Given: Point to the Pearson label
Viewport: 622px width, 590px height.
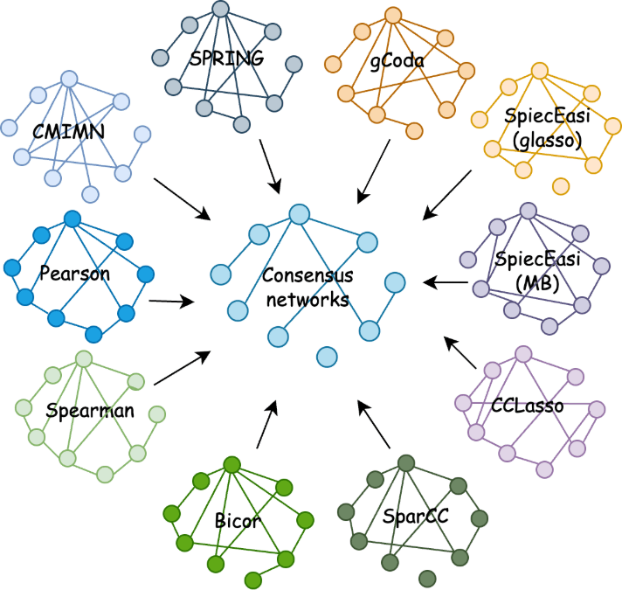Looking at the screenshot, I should [75, 273].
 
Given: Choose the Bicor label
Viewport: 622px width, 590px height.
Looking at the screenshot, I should [237, 522].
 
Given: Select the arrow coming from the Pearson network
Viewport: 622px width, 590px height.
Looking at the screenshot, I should [171, 302].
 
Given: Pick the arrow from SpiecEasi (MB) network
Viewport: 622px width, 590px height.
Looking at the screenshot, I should [444, 282].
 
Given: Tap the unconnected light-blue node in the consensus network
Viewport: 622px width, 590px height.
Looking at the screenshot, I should [327, 356].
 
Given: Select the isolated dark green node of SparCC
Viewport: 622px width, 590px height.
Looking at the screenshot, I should [426, 578].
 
